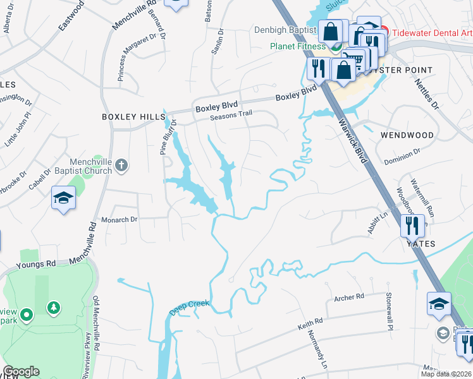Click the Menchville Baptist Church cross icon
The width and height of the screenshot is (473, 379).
(122, 166)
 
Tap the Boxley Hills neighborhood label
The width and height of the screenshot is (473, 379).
(132, 117)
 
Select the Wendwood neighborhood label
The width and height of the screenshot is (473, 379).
(407, 135)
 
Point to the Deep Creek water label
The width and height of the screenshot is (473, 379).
(189, 308)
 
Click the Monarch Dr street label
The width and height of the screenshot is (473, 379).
(120, 219)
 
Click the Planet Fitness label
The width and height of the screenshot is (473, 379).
(298, 46)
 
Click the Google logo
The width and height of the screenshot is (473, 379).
(21, 371)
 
